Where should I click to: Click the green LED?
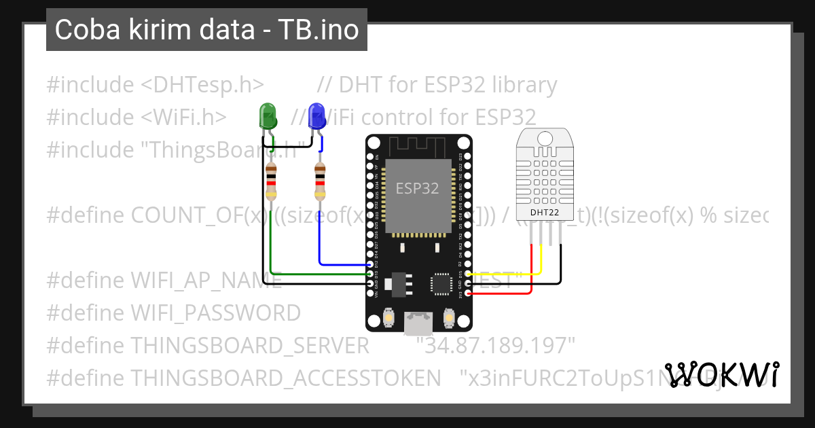[x=268, y=117]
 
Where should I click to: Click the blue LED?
[x=316, y=116]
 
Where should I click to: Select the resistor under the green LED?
[x=271, y=182]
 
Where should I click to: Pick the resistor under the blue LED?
[x=320, y=182]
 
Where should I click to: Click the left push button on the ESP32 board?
[x=390, y=318]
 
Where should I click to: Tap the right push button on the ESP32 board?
[x=448, y=318]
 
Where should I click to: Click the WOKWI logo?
[x=722, y=374]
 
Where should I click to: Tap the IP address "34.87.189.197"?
[x=496, y=346]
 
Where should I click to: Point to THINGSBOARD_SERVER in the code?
[x=250, y=346]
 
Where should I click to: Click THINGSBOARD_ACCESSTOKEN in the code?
[x=281, y=378]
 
